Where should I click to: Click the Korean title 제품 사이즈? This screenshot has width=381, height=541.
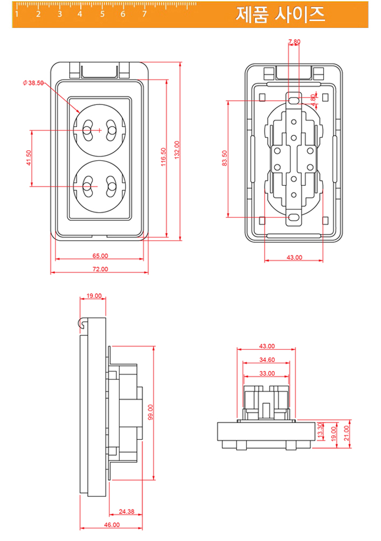coord(280,15)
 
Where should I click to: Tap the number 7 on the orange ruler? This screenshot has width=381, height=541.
coord(144,15)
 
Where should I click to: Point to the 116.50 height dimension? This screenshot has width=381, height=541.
coord(163,157)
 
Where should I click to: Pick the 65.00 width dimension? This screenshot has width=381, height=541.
coord(100,256)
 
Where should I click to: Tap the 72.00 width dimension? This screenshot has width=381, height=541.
coord(100,269)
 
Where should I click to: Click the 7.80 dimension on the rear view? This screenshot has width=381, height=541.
coord(294,41)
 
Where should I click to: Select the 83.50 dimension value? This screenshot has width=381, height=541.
coord(225,158)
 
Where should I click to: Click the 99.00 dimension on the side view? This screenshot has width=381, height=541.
coord(151,413)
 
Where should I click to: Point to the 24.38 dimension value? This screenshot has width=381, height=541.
coord(127,511)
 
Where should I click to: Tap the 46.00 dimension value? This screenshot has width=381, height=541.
coord(112,524)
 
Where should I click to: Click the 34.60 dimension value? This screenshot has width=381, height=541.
coord(267,360)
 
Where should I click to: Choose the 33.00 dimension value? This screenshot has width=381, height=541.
coord(267,373)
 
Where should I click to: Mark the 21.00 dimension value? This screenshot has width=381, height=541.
coord(347,431)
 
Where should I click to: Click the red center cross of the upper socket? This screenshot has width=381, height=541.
coord(99,130)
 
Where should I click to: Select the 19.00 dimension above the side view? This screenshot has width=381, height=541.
coord(94,296)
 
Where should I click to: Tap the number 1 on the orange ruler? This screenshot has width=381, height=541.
coord(17,15)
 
